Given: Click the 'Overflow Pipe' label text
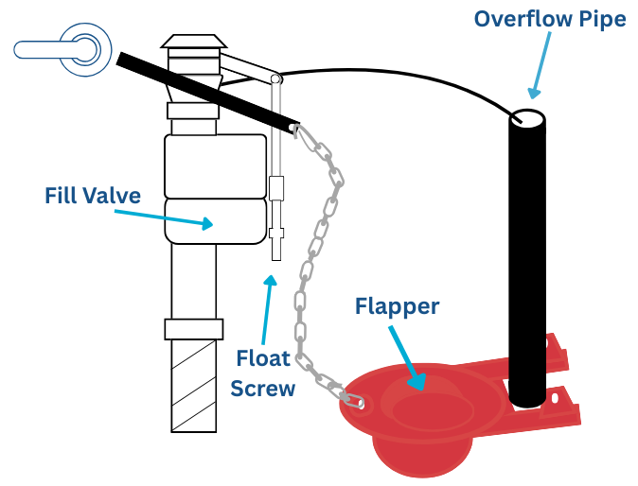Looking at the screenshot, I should pyautogui.click(x=550, y=20).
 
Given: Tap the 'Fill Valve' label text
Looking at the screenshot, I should pyautogui.click(x=93, y=196).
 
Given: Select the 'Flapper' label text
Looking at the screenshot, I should pyautogui.click(x=397, y=306).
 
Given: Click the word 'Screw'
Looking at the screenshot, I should pyautogui.click(x=263, y=388).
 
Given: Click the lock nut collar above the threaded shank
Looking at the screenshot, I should pyautogui.click(x=193, y=329).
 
